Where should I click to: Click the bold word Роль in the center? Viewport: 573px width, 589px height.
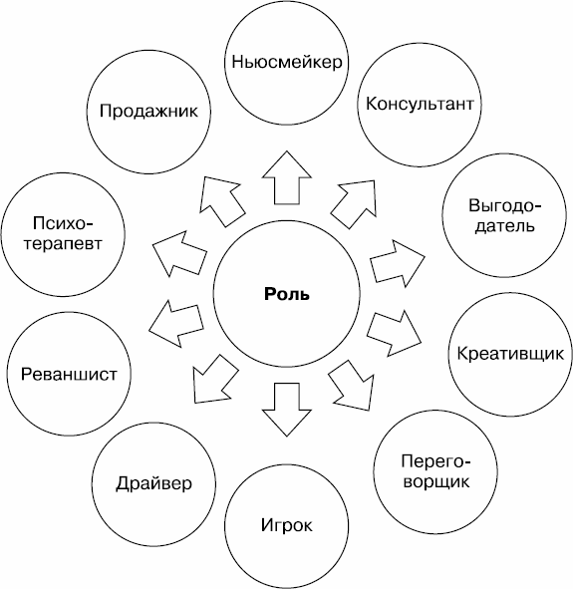coord(287,294)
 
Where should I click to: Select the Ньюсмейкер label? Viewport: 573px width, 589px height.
coord(287,62)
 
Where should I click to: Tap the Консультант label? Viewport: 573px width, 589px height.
coord(420,104)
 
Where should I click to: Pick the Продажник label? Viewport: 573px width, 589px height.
coord(148,111)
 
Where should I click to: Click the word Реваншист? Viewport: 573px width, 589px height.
coord(69,374)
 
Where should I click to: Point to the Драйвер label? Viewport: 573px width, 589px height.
coord(153,483)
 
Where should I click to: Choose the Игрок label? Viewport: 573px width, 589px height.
coord(287,525)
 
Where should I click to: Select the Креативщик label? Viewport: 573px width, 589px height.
coord(510,354)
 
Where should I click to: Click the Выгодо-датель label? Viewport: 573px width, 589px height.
coord(505,216)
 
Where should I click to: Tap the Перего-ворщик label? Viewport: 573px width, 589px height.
coord(435,471)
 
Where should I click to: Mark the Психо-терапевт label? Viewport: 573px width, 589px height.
coord(63,233)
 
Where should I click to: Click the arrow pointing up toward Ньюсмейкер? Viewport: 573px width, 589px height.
coord(287,177)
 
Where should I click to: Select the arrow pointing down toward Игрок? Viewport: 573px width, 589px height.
coord(287,410)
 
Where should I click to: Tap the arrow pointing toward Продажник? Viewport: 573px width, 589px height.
coord(221,201)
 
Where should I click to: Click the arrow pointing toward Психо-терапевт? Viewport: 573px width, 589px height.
coord(179,254)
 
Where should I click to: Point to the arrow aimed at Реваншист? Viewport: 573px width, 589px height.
coord(175,323)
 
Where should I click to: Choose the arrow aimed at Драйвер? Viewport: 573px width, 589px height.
coord(215,379)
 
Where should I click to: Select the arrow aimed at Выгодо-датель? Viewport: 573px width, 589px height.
coord(398,264)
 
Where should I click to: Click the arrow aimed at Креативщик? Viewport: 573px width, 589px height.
coord(395,333)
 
